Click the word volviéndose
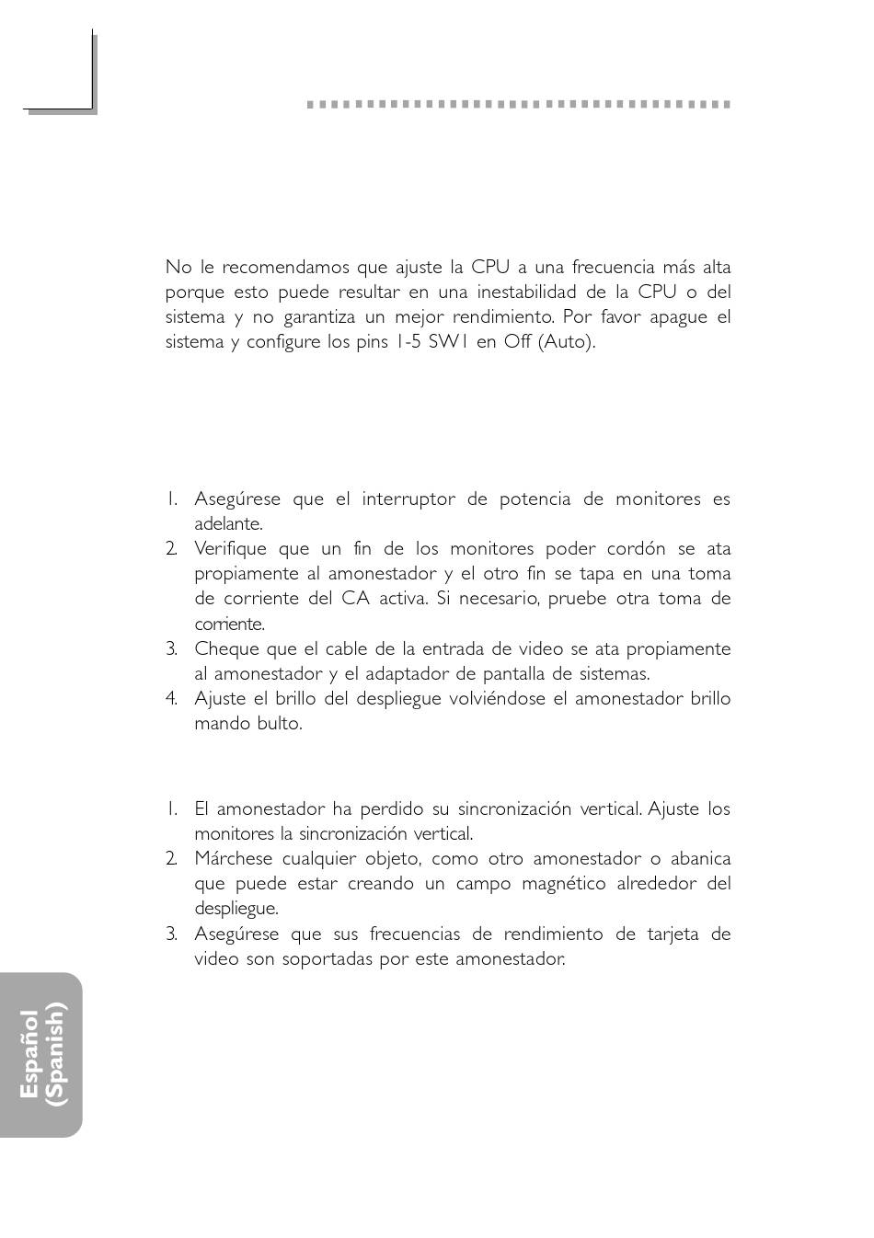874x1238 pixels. coord(498,699)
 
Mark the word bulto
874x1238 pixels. coord(282,724)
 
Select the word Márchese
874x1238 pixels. coord(234,859)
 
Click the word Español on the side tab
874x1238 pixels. coord(29,1054)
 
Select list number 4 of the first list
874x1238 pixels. coord(171,699)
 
